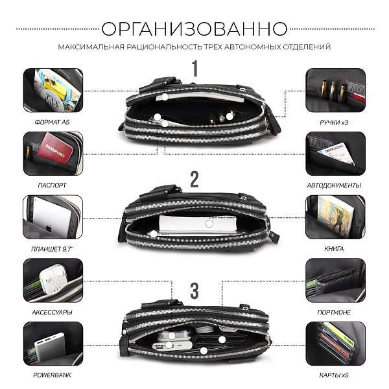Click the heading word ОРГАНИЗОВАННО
(x=194, y=29)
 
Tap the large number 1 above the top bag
(x=194, y=68)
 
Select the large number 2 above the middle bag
(x=194, y=180)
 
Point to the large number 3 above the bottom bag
(x=194, y=290)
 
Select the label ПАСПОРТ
(x=53, y=185)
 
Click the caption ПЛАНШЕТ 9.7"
(x=53, y=248)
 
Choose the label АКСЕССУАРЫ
(x=53, y=312)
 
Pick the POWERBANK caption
(x=53, y=375)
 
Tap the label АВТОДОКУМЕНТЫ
(x=336, y=185)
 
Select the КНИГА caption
(x=336, y=248)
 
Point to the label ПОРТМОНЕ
(x=336, y=312)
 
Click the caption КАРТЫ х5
(x=336, y=375)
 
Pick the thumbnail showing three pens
(x=335, y=89)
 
